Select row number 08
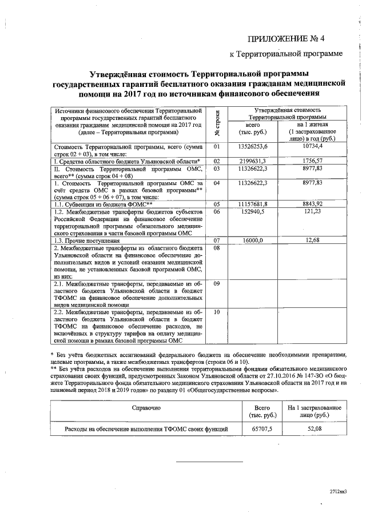point(217,248)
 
